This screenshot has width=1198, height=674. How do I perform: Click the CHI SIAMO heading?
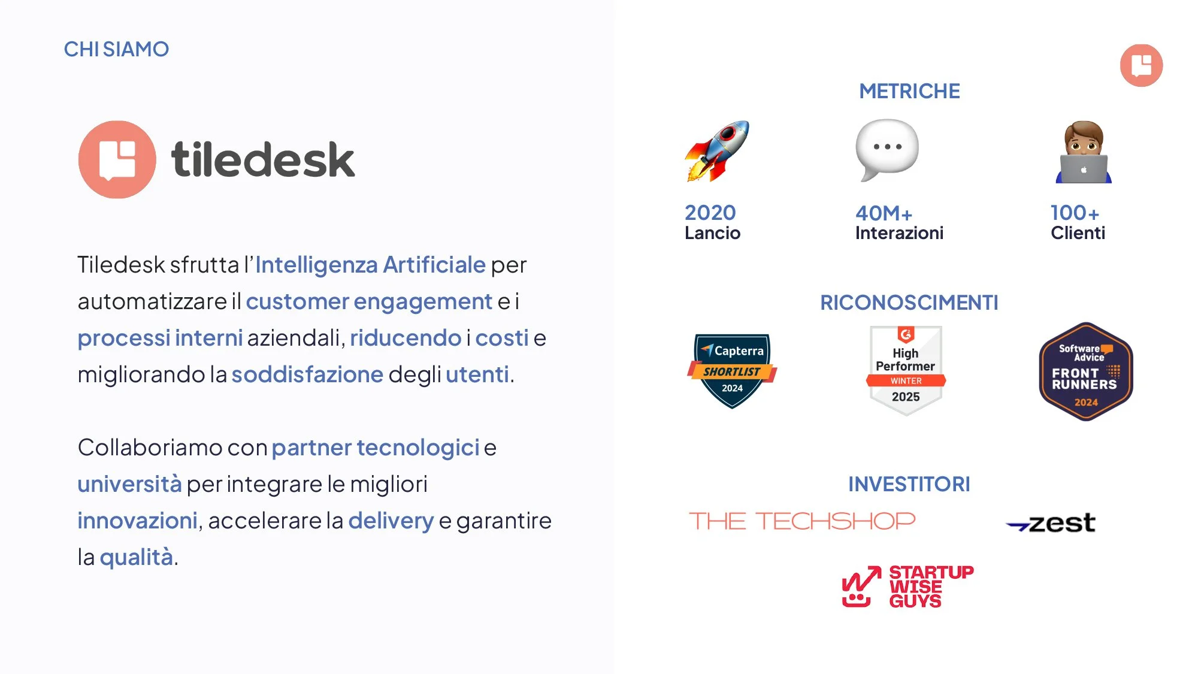116,49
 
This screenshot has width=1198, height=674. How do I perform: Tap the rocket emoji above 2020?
717,151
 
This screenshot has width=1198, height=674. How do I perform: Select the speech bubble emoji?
887,149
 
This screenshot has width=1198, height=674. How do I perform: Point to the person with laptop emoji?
1083,153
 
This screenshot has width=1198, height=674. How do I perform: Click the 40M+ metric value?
884,213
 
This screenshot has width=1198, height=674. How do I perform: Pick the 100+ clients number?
1075,213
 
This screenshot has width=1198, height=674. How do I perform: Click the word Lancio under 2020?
712,233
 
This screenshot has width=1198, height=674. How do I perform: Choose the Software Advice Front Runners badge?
1085,372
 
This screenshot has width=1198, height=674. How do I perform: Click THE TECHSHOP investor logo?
802,521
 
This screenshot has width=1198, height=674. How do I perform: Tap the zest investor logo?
1051,523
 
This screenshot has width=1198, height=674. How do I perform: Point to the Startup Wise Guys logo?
907,587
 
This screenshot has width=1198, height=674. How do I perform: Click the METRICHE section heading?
909,91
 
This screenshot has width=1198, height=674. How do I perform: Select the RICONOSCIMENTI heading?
909,303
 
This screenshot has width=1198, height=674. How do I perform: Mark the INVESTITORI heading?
909,484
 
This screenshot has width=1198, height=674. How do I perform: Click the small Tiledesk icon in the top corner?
1141,65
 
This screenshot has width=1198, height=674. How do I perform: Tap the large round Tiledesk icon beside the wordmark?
117,159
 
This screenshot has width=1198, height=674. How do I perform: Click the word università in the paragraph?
129,484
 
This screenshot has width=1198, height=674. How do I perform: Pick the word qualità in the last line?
136,557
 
